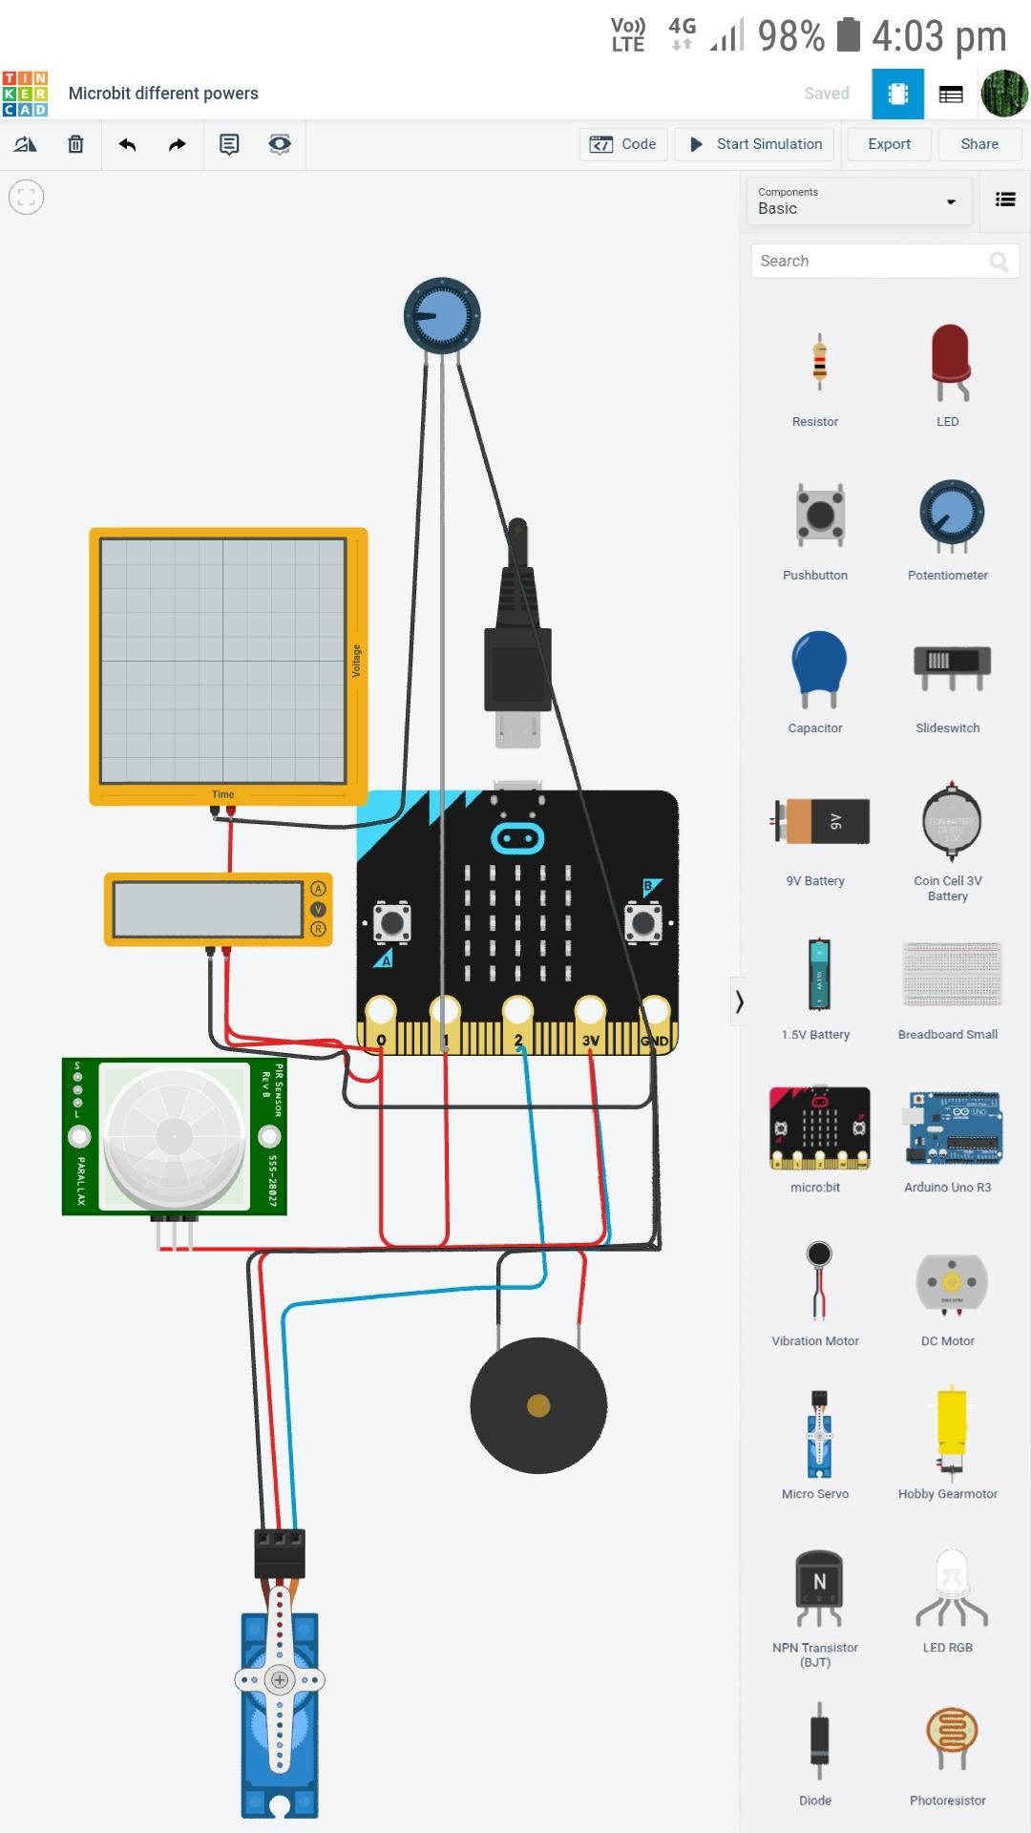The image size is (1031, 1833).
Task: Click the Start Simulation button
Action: (755, 144)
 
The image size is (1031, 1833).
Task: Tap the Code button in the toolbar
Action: (623, 144)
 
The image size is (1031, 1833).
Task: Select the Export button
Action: (889, 144)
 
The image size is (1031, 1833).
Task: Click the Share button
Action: (979, 144)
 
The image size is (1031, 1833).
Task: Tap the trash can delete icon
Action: (75, 144)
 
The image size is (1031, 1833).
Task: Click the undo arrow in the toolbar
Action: (127, 144)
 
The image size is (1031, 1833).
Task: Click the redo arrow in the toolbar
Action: (178, 144)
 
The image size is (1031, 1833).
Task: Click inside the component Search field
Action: (869, 261)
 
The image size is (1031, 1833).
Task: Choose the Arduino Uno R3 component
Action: (953, 1128)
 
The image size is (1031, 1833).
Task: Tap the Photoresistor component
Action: (951, 1739)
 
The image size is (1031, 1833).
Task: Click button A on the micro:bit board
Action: (391, 922)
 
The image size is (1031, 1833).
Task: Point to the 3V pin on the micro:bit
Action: (590, 1011)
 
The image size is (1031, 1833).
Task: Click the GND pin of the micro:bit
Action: (656, 1011)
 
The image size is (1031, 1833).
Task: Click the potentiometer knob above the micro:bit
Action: (442, 316)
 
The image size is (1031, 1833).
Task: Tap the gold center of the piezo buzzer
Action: (538, 1405)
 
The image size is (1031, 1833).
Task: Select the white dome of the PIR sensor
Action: (174, 1135)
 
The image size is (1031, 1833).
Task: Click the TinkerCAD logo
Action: (25, 94)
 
